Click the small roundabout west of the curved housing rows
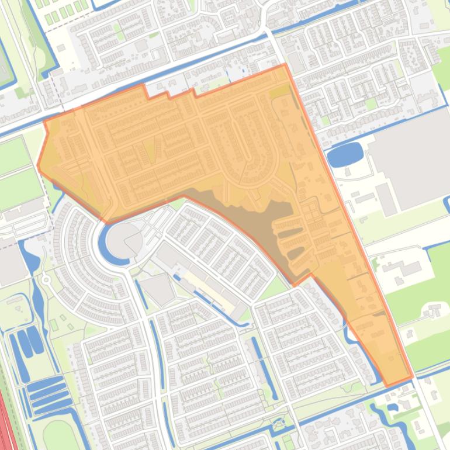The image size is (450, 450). pos(46,280)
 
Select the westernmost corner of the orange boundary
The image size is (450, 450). pos(38,167)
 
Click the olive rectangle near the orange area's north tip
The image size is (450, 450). pos(279,92)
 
